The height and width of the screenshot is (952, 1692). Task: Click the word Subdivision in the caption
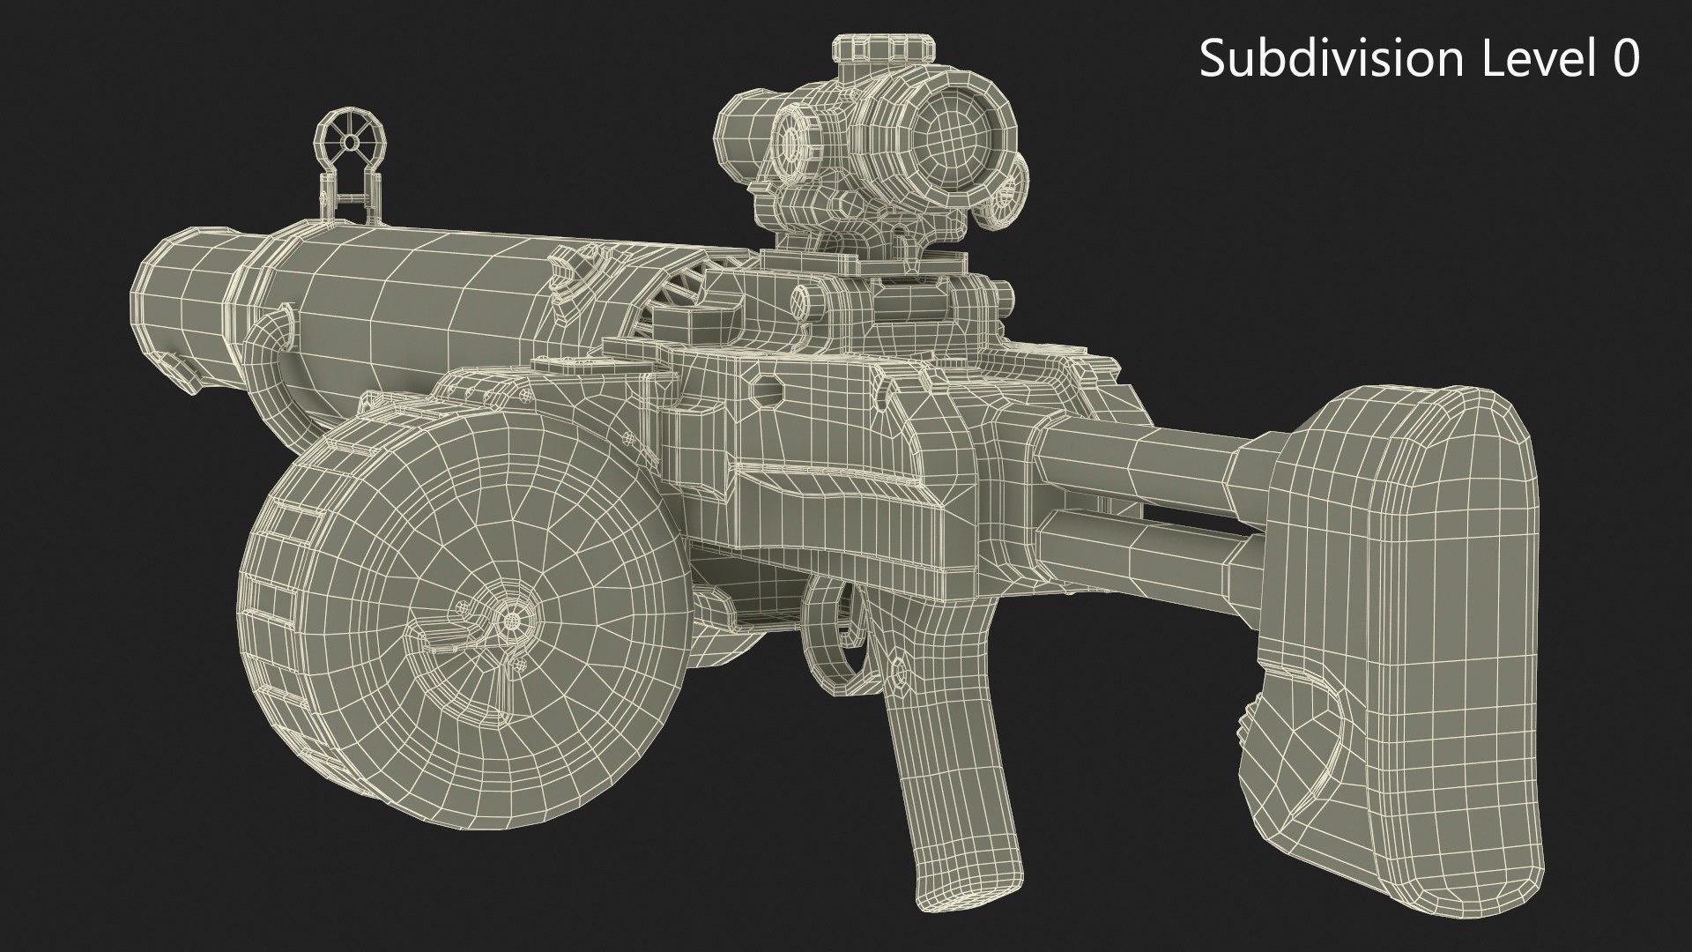coord(1332,59)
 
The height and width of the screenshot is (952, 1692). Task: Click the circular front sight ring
coord(351,141)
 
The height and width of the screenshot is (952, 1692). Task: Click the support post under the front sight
coord(351,203)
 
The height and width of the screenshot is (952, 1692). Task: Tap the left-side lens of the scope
coord(793,137)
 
